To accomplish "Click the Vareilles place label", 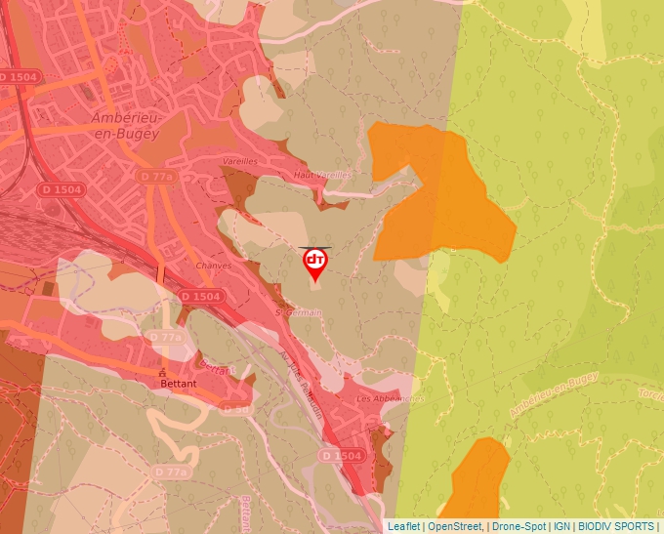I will point(240,160).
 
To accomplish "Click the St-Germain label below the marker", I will point(298,312).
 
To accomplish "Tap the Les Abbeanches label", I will point(391,398).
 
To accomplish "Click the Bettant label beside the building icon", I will point(179,384).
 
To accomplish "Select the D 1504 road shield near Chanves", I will point(199,296).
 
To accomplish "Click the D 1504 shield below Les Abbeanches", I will point(342,456).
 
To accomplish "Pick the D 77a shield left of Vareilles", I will point(156,176).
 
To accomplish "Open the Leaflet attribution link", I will point(403,526).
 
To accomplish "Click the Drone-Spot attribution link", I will point(519,526).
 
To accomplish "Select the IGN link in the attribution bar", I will point(562,526).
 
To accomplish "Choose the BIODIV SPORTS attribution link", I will point(616,526).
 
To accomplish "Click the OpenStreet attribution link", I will point(456,526).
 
